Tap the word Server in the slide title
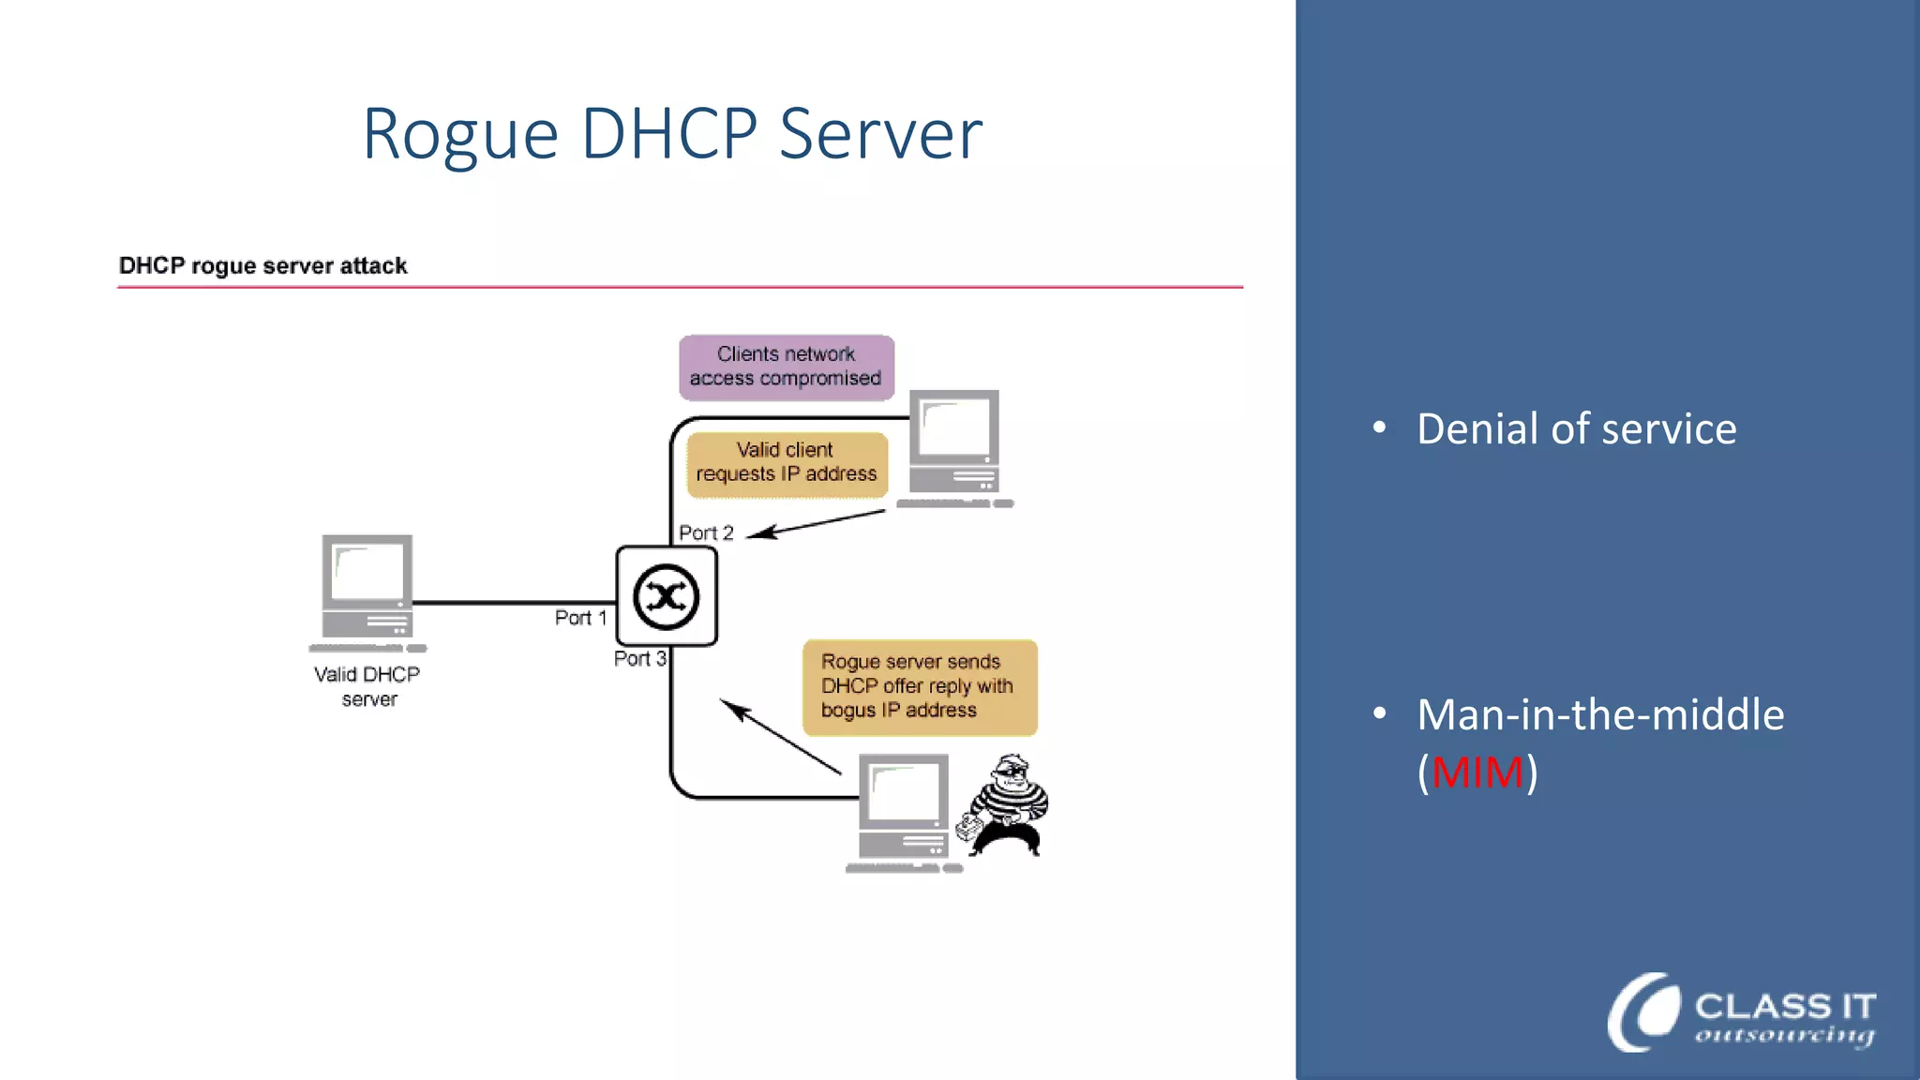880,133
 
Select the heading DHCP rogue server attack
262,266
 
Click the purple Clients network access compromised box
786,367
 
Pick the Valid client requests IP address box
786,462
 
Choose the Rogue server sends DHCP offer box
919,686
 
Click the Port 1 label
580,618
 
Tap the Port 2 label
706,532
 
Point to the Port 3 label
639,658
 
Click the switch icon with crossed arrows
666,596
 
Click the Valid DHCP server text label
367,686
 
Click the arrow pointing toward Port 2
816,524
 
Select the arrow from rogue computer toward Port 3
778,736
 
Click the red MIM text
1477,772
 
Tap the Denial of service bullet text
1576,428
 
